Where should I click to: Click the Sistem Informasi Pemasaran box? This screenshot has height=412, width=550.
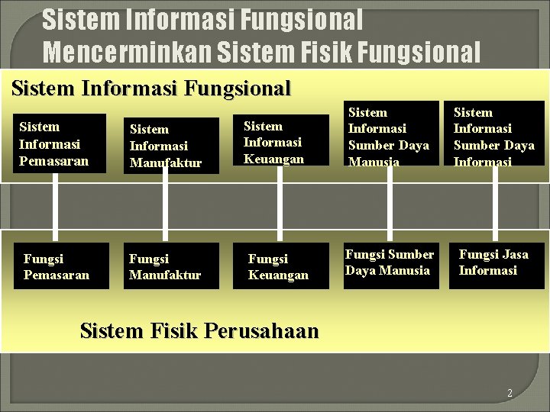pyautogui.click(x=60, y=143)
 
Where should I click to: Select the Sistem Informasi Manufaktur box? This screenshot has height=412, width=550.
pyautogui.click(x=170, y=146)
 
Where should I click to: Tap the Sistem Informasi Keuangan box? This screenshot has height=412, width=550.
pyautogui.click(x=280, y=143)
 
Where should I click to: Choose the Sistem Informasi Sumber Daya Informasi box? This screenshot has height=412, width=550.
pyautogui.click(x=494, y=134)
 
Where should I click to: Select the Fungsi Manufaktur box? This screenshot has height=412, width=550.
pyautogui.click(x=170, y=266)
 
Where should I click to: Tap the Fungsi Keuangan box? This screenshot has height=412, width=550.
pyautogui.click(x=280, y=266)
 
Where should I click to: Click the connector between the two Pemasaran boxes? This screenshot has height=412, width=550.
pyautogui.click(x=56, y=208)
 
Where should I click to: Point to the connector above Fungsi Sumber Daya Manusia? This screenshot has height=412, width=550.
pyautogui.click(x=390, y=204)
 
